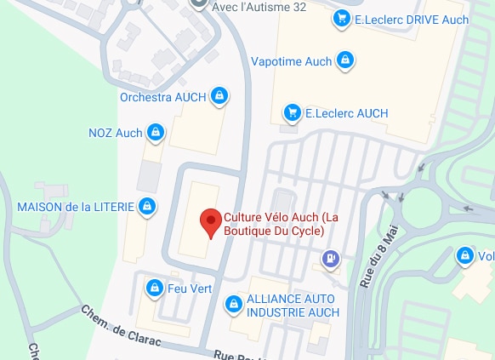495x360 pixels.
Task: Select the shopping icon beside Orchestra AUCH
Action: coord(219,96)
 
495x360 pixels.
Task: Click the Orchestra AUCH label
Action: coord(163,97)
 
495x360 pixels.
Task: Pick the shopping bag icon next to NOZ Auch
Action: coord(156,133)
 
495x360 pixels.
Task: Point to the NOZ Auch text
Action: coord(116,134)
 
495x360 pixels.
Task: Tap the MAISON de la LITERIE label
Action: coord(74,207)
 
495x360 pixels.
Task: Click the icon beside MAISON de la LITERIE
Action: coord(147,206)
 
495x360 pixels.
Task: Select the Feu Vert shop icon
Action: coord(154,289)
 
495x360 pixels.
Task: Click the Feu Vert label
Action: coord(190,289)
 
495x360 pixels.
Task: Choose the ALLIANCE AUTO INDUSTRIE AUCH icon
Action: coord(232,303)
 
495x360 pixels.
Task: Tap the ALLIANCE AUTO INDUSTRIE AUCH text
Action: coord(293,306)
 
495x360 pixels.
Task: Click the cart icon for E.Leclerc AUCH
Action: coord(292,112)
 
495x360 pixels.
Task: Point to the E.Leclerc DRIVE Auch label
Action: coord(399,19)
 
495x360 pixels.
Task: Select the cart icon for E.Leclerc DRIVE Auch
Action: coord(342,18)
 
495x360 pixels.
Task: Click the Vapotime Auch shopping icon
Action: coord(345,60)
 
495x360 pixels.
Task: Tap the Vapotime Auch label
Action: coord(292,61)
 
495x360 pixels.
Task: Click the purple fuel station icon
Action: coord(329,258)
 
